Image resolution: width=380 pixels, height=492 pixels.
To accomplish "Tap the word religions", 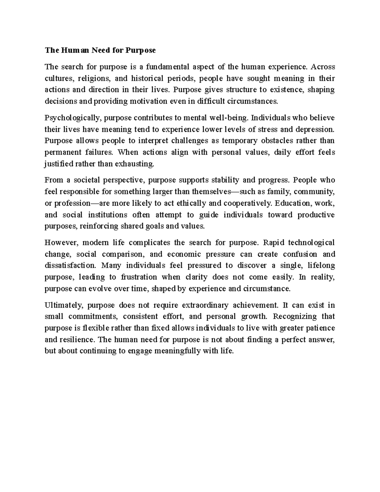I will (94, 78).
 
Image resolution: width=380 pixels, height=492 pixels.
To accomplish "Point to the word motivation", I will (148, 101).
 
